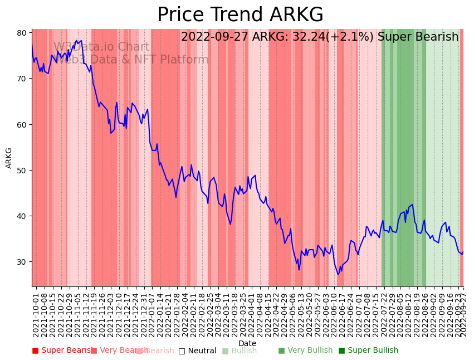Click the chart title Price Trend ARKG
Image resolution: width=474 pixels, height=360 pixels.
click(240, 15)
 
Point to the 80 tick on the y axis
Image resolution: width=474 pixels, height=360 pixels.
click(22, 33)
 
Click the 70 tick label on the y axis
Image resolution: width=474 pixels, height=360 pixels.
click(22, 79)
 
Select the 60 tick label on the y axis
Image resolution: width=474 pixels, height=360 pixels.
click(22, 124)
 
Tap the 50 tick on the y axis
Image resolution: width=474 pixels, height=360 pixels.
click(22, 170)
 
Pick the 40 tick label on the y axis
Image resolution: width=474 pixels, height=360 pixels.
click(22, 216)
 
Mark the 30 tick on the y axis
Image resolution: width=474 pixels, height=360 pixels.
click(22, 262)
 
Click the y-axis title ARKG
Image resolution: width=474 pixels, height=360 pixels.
click(9, 158)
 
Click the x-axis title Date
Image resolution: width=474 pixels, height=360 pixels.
click(247, 343)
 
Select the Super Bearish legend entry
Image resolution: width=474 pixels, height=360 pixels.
click(62, 351)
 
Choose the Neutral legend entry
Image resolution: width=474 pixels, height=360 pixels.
click(197, 351)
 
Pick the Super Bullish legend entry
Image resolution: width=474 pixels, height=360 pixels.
click(368, 351)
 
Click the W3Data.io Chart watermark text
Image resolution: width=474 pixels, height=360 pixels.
click(101, 47)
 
